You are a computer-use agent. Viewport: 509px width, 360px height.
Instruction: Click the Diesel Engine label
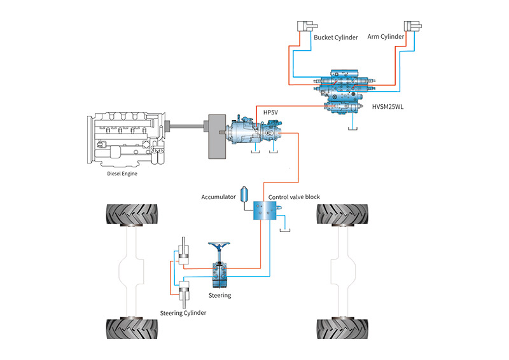(122, 173)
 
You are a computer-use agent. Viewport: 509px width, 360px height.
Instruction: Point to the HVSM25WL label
(384, 106)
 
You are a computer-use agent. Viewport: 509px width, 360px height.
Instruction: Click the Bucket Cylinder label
(336, 38)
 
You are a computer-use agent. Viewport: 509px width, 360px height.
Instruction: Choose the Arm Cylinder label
(386, 37)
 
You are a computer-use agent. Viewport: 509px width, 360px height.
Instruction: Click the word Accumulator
(218, 197)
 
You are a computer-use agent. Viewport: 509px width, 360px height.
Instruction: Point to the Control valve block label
(295, 197)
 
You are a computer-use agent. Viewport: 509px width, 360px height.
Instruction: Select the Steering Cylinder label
(183, 313)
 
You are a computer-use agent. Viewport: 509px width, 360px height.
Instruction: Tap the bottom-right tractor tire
(343, 328)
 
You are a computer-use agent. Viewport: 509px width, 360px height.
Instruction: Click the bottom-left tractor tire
(132, 328)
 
